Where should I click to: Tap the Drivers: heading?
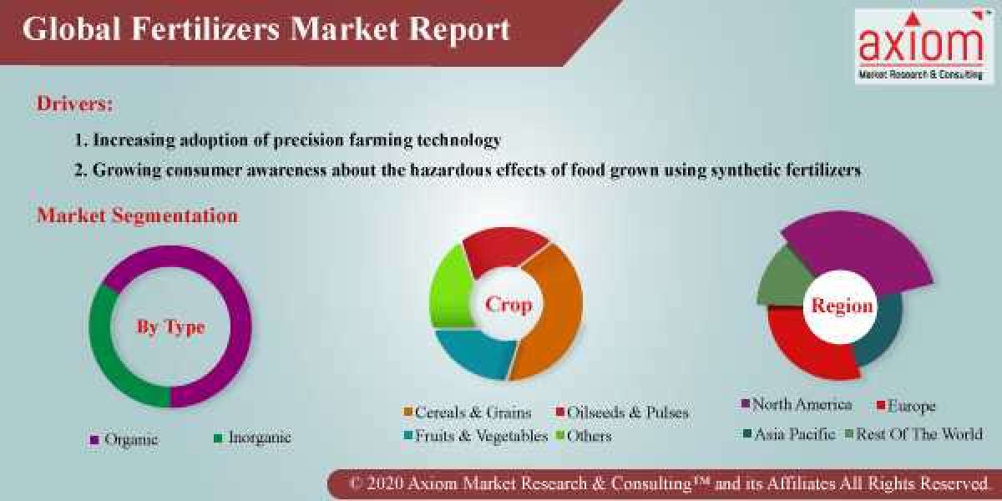75,104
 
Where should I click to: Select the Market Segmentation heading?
137,215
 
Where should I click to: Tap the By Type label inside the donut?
170,326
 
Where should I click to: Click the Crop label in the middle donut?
509,305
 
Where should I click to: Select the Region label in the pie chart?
842,306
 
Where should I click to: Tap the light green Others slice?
448,284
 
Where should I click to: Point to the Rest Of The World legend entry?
918,434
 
